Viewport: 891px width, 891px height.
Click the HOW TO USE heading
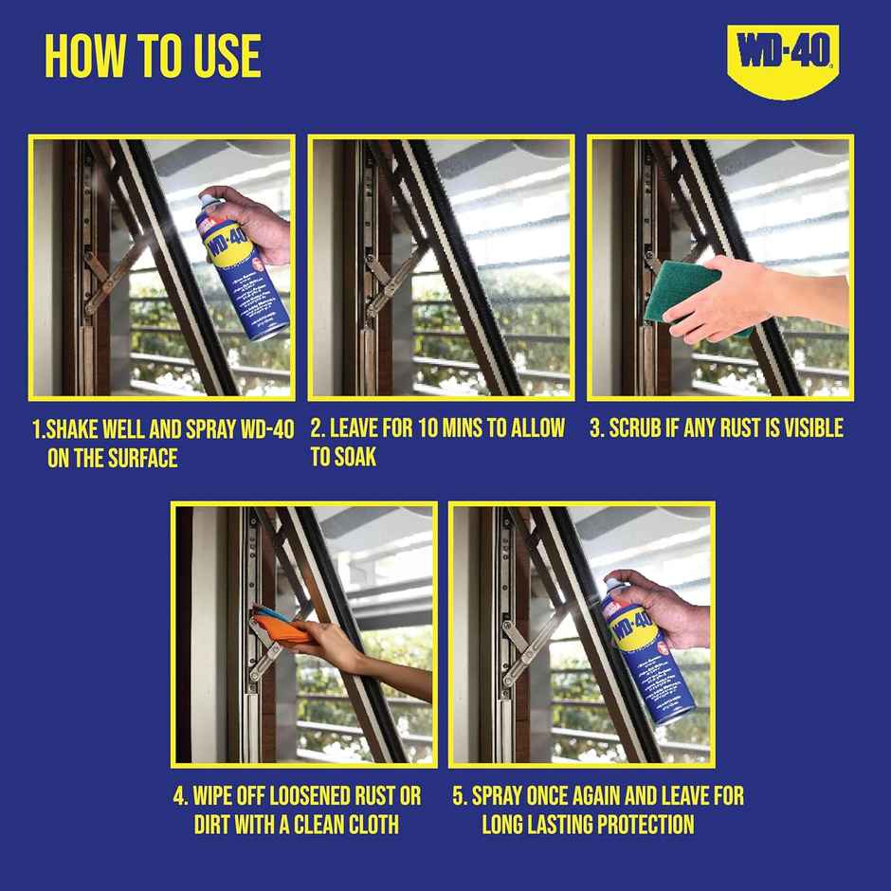click(x=153, y=57)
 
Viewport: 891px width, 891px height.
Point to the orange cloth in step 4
click(x=276, y=627)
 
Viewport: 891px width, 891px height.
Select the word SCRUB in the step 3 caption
click(x=642, y=428)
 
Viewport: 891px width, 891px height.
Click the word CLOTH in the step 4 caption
click(x=369, y=825)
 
